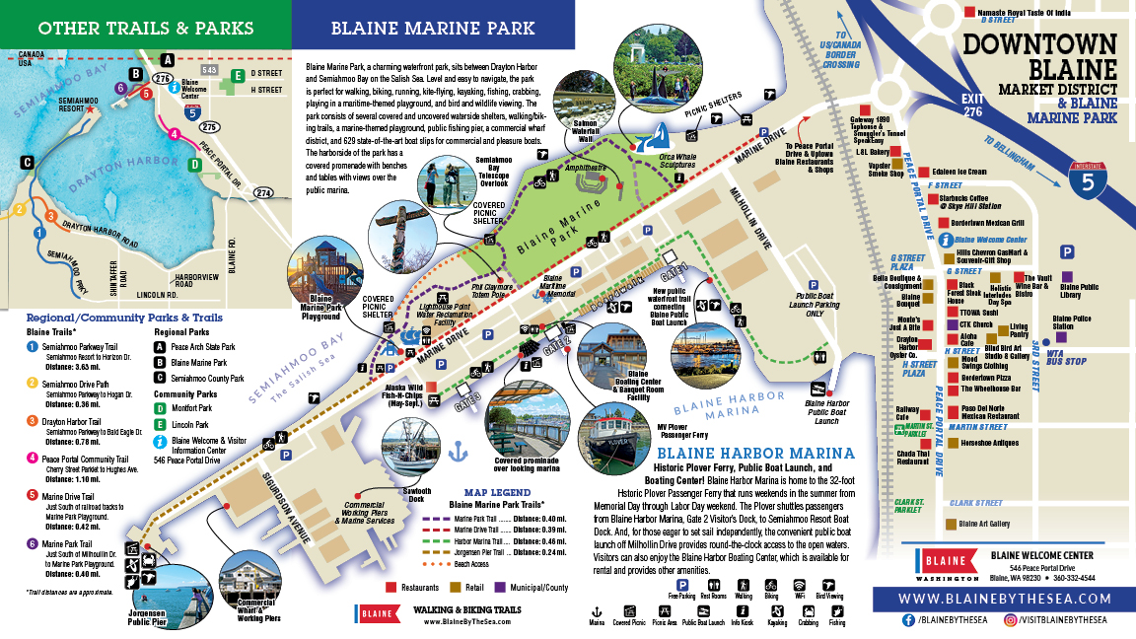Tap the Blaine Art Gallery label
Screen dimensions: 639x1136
pos(983,524)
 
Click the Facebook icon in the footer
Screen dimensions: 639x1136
pos(907,621)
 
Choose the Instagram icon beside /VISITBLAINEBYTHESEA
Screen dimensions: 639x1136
pos(1010,621)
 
